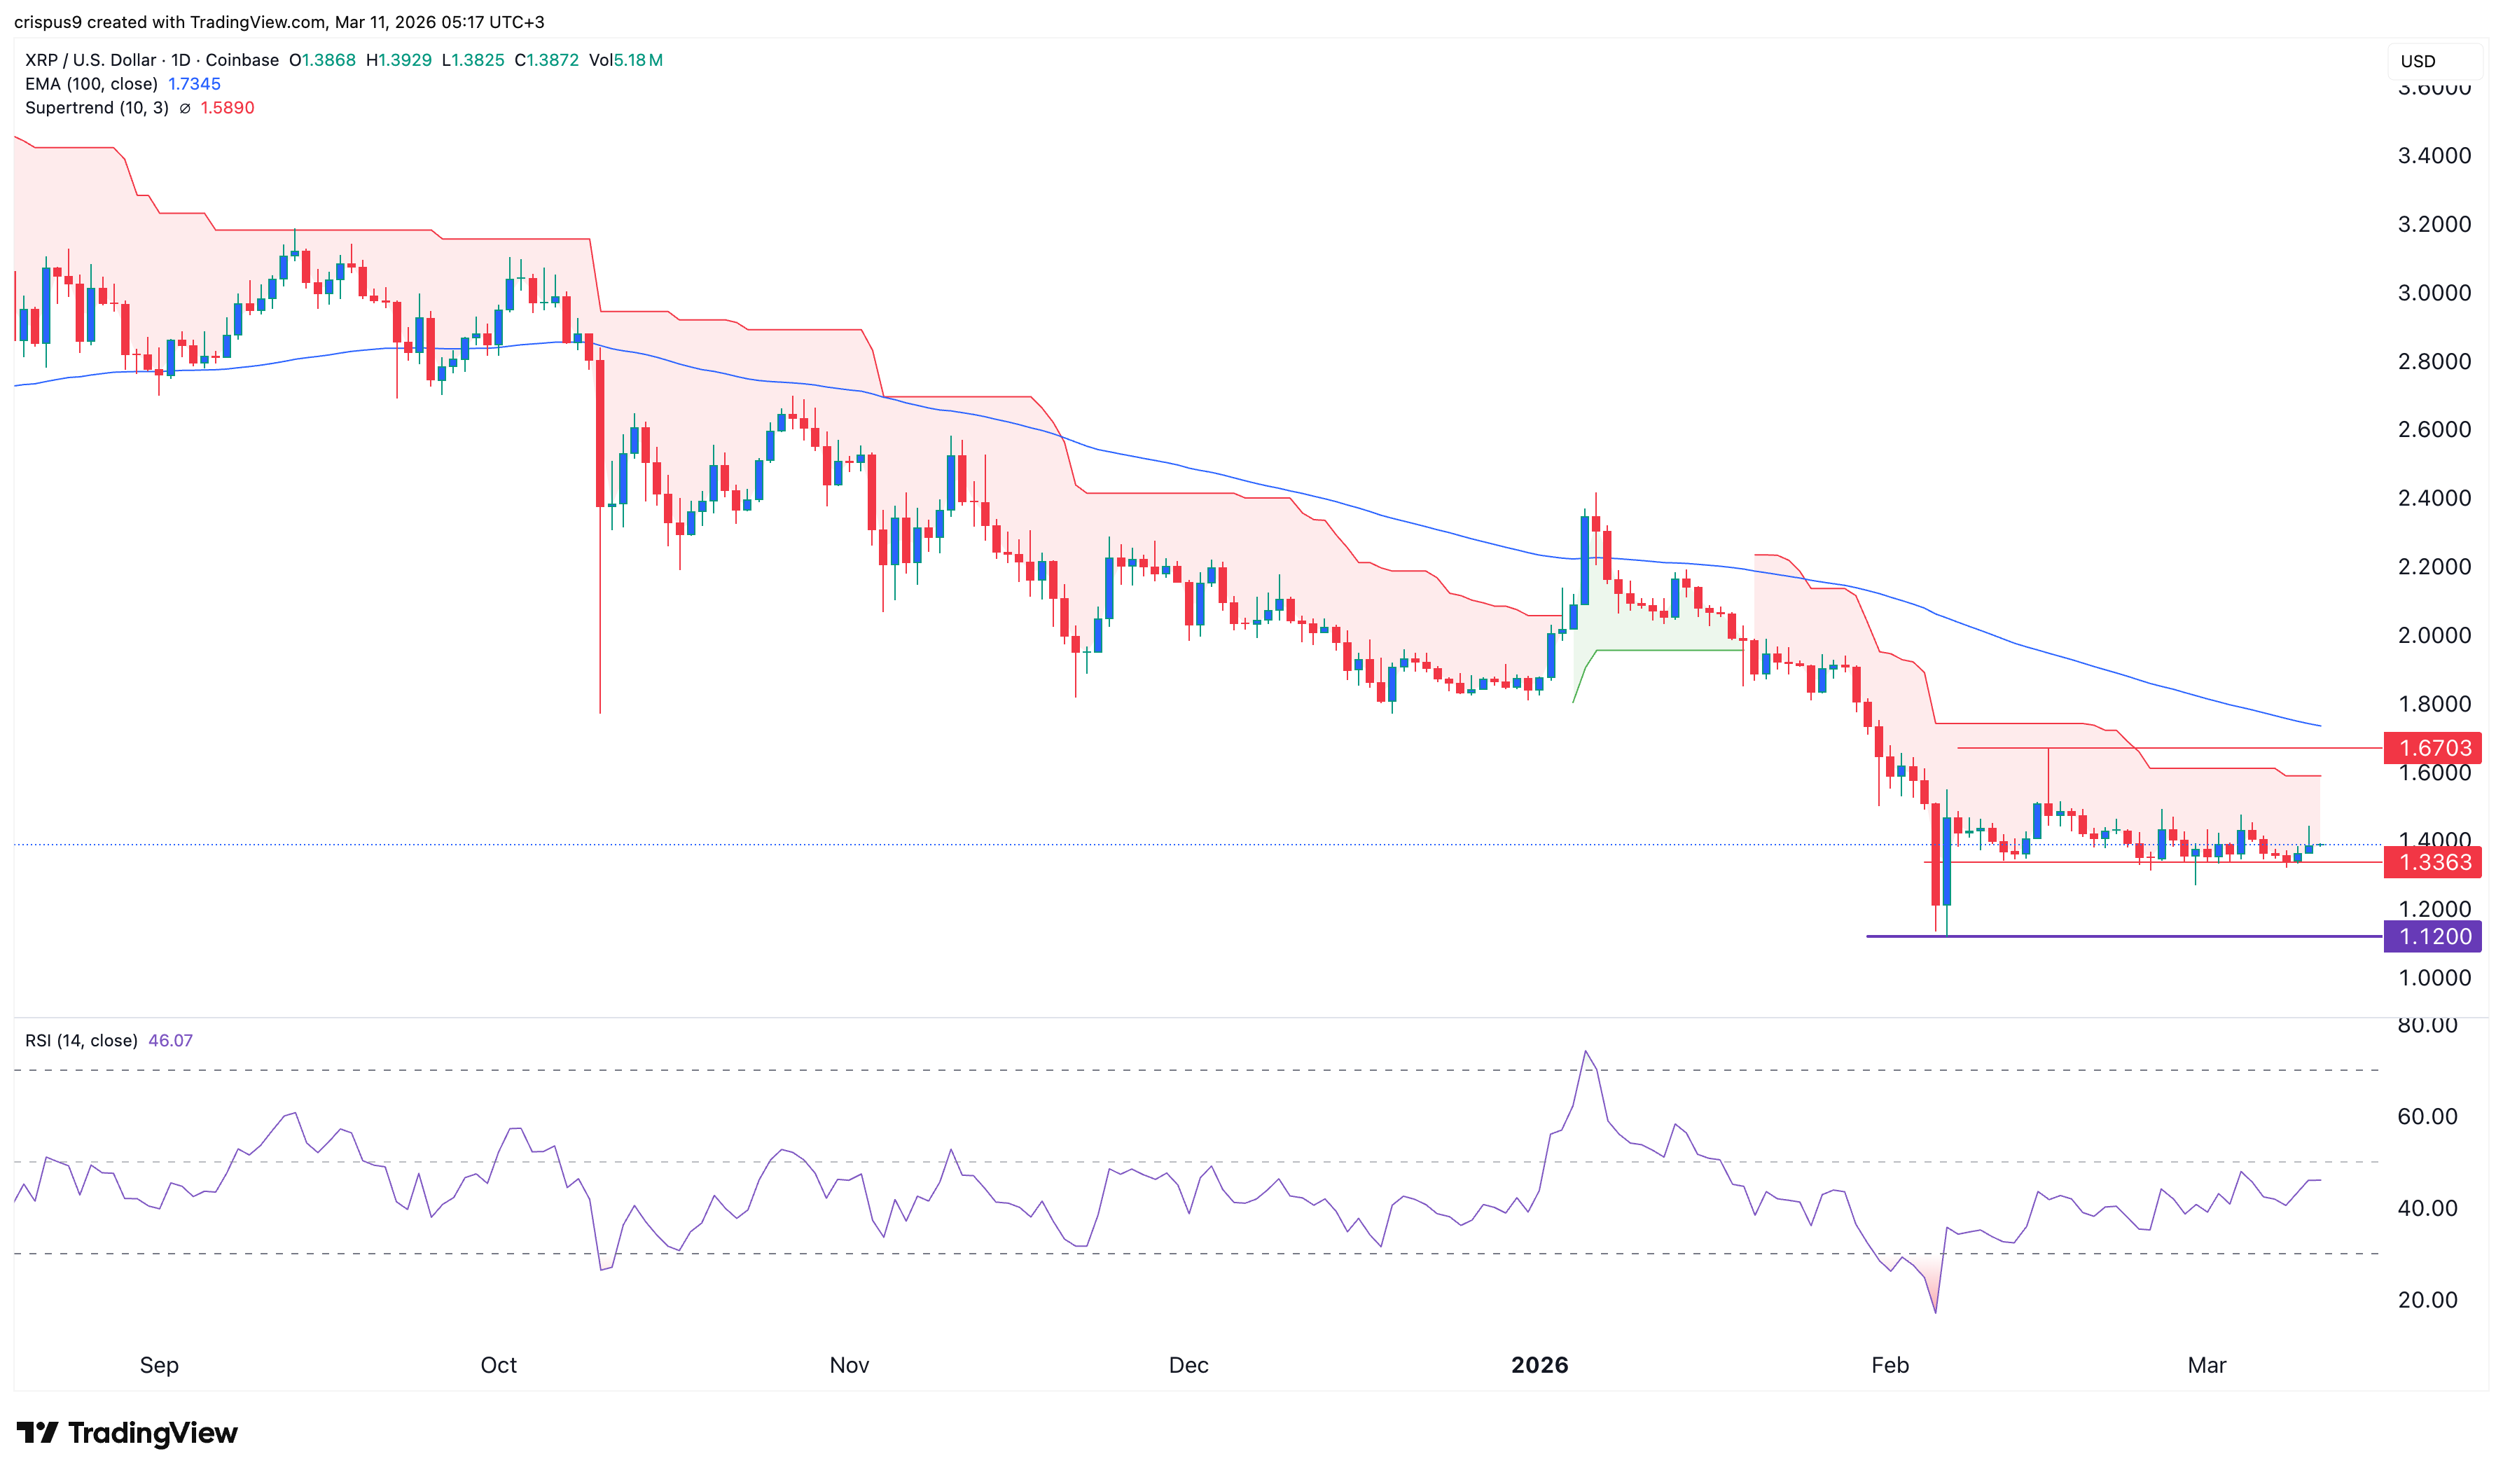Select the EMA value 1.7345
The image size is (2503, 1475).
click(194, 83)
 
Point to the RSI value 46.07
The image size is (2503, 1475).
click(170, 1041)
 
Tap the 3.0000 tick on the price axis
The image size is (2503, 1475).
click(2434, 292)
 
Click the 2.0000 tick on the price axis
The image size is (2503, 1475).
click(2434, 635)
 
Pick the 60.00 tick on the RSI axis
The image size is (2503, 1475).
click(2427, 1116)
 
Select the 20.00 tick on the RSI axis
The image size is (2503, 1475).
click(2427, 1300)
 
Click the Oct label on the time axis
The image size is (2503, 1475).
click(498, 1364)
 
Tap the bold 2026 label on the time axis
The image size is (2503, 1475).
click(1539, 1364)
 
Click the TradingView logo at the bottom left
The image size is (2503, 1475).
click(127, 1432)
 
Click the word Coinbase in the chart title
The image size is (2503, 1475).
click(242, 60)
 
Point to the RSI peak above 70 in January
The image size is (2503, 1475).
click(1585, 1051)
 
